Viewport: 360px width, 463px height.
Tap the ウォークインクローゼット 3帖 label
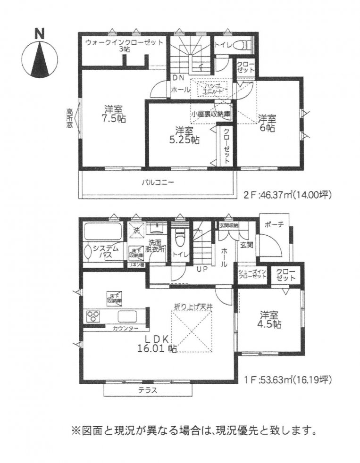coord(125,45)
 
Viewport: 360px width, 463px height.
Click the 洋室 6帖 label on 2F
coord(266,123)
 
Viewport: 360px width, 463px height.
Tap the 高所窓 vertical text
coord(69,118)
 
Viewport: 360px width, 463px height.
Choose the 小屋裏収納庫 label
coord(210,114)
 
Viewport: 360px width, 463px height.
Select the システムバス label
coord(106,251)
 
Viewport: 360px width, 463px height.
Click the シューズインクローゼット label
coord(253,275)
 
